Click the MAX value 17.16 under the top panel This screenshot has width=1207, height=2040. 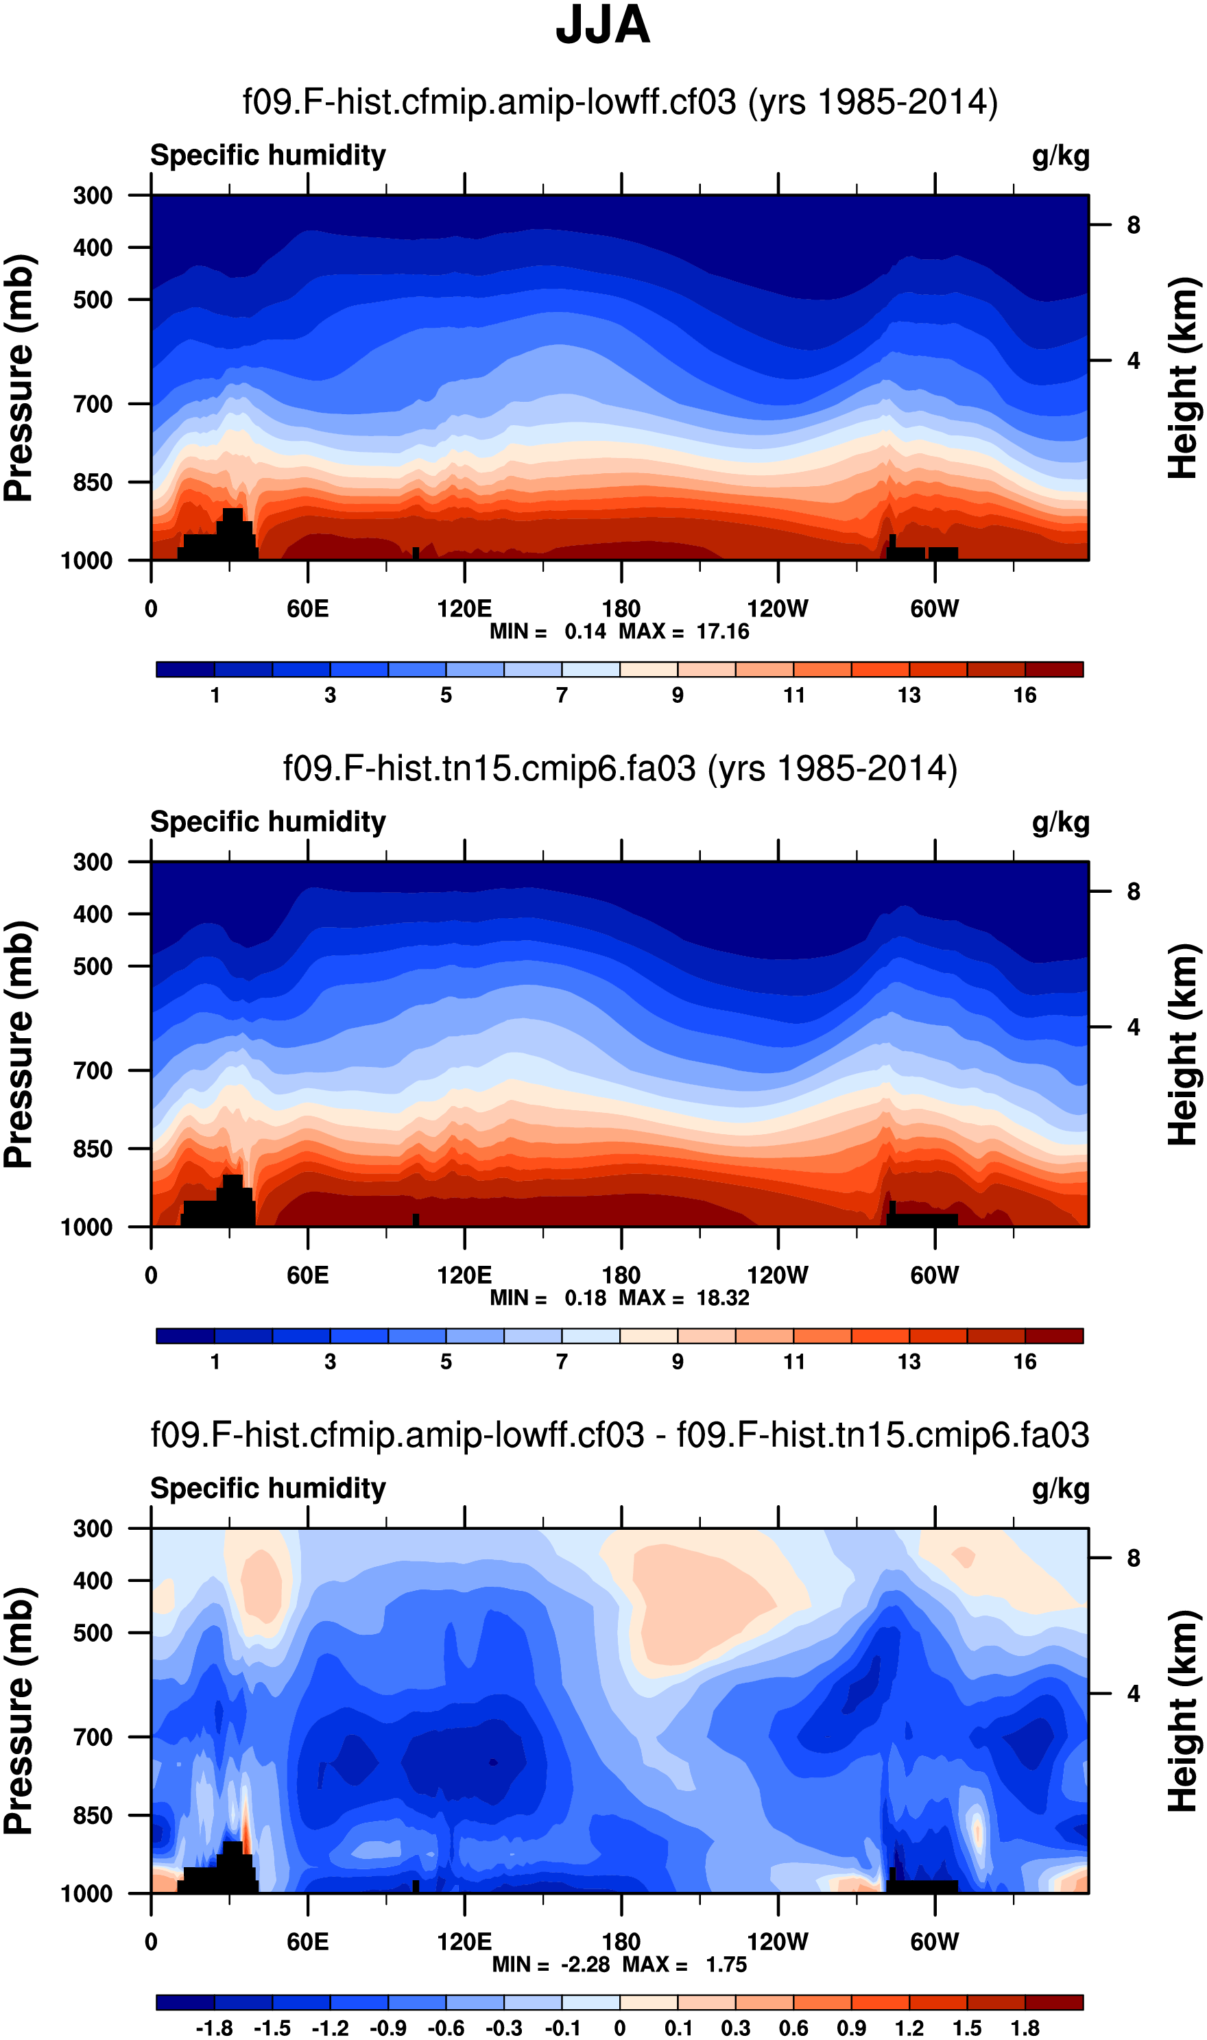tap(722, 632)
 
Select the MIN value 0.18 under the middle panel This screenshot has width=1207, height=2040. tap(585, 1299)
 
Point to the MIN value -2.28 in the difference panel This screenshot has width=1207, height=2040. tap(585, 1965)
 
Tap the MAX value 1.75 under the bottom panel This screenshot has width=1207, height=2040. tap(726, 1965)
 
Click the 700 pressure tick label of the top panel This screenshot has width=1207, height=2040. tap(93, 404)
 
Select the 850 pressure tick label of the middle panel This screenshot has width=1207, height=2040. tap(93, 1149)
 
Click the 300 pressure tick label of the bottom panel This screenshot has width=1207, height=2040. tap(93, 1528)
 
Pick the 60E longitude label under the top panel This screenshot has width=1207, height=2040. tap(307, 609)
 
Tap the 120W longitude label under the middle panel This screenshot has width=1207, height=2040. tap(778, 1275)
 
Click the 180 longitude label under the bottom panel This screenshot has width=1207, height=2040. tap(621, 1943)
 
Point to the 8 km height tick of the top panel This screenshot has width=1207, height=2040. tap(1133, 225)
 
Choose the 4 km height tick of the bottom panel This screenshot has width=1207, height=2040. tap(1133, 1694)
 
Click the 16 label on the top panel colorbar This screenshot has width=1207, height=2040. tap(1025, 695)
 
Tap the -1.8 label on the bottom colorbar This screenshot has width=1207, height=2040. tap(214, 2028)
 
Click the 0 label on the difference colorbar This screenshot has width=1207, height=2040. tap(620, 2028)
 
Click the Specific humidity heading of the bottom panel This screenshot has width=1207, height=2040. tap(267, 1489)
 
